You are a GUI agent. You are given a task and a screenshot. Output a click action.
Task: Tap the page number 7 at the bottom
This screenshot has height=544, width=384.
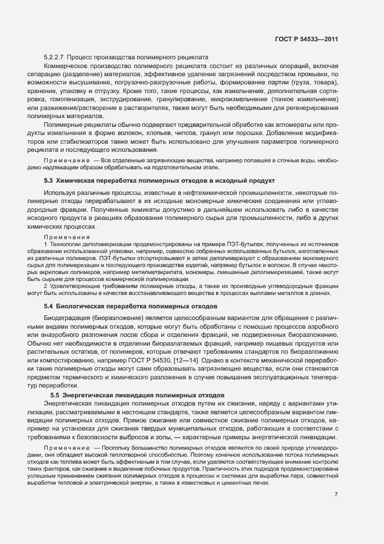336,495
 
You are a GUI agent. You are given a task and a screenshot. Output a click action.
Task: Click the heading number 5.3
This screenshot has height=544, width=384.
49,181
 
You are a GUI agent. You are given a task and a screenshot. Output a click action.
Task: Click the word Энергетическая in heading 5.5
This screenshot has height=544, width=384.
99,394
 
